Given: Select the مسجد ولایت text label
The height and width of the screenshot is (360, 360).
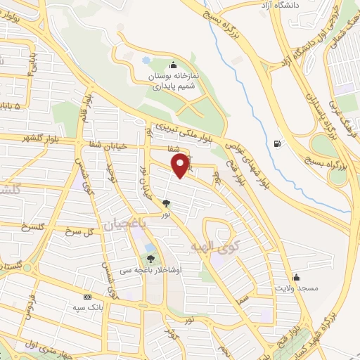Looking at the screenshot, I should (x=297, y=289).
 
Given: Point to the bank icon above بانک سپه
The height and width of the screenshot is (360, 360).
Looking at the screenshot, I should (x=87, y=297).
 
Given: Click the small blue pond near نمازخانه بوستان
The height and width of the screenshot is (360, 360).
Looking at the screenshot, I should (x=146, y=60).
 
